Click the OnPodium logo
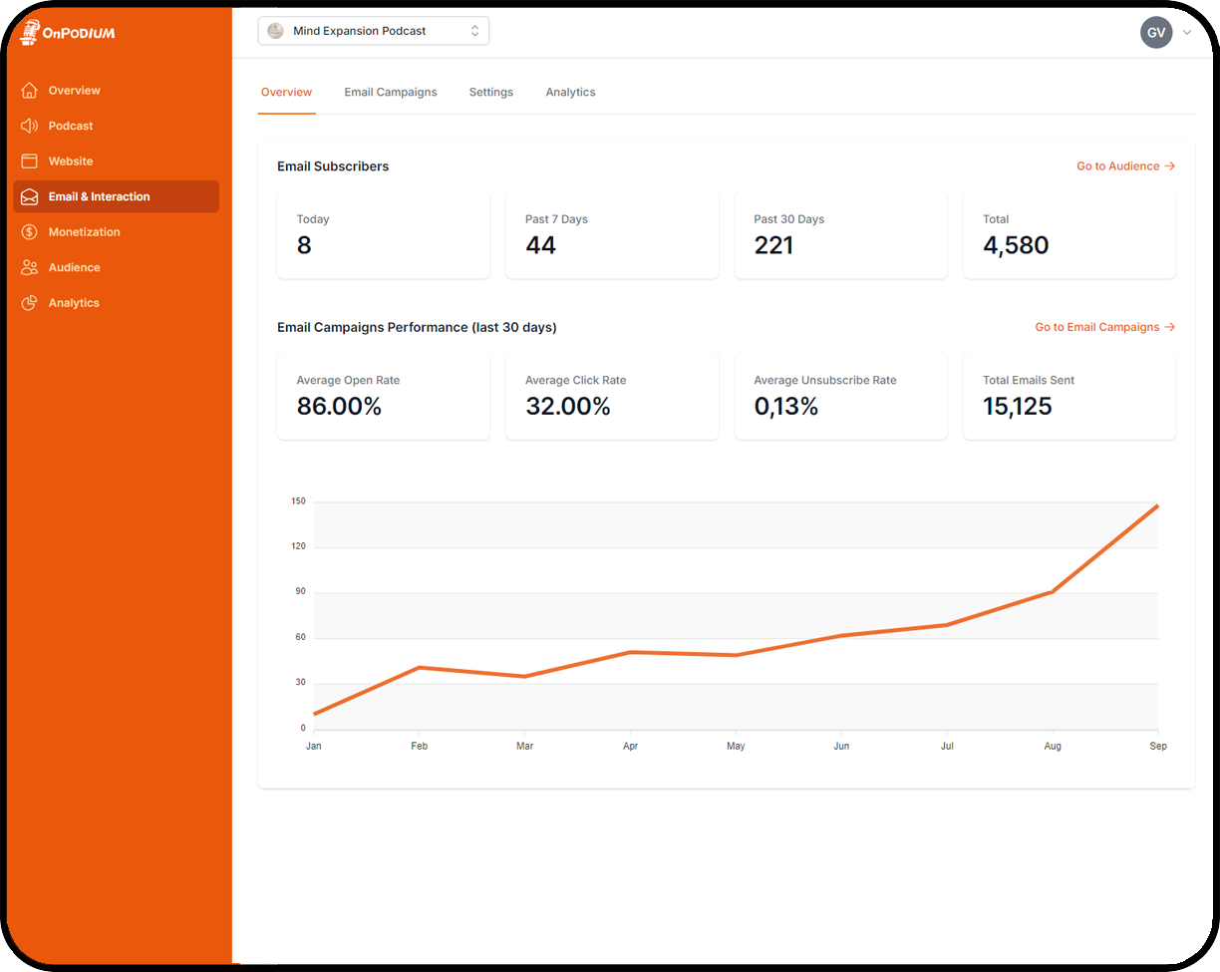[x=68, y=33]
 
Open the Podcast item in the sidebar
[x=70, y=126]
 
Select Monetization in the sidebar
[x=84, y=232]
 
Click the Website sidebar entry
[x=70, y=162]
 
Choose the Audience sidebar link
[x=74, y=267]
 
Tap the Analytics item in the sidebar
[x=74, y=303]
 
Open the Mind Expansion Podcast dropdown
[x=373, y=31]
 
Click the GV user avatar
[x=1156, y=32]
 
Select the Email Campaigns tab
[x=391, y=92]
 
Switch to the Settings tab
[x=491, y=92]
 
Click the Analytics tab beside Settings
[x=570, y=92]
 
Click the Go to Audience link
[x=1125, y=166]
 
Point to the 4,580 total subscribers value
[x=1016, y=245]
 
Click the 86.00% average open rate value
[x=339, y=407]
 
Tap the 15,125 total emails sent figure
[x=1017, y=407]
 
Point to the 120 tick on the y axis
[x=298, y=546]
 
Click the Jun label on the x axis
[x=841, y=746]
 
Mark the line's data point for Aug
[x=1053, y=591]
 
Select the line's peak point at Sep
[x=1157, y=506]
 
